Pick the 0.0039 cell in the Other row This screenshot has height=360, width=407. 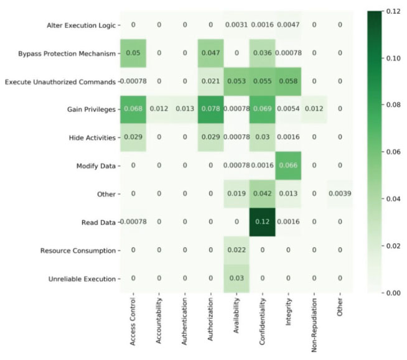340,194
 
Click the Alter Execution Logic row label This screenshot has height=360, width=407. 81,25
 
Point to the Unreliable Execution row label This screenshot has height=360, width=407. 83,279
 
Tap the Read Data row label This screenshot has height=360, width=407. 99,223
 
